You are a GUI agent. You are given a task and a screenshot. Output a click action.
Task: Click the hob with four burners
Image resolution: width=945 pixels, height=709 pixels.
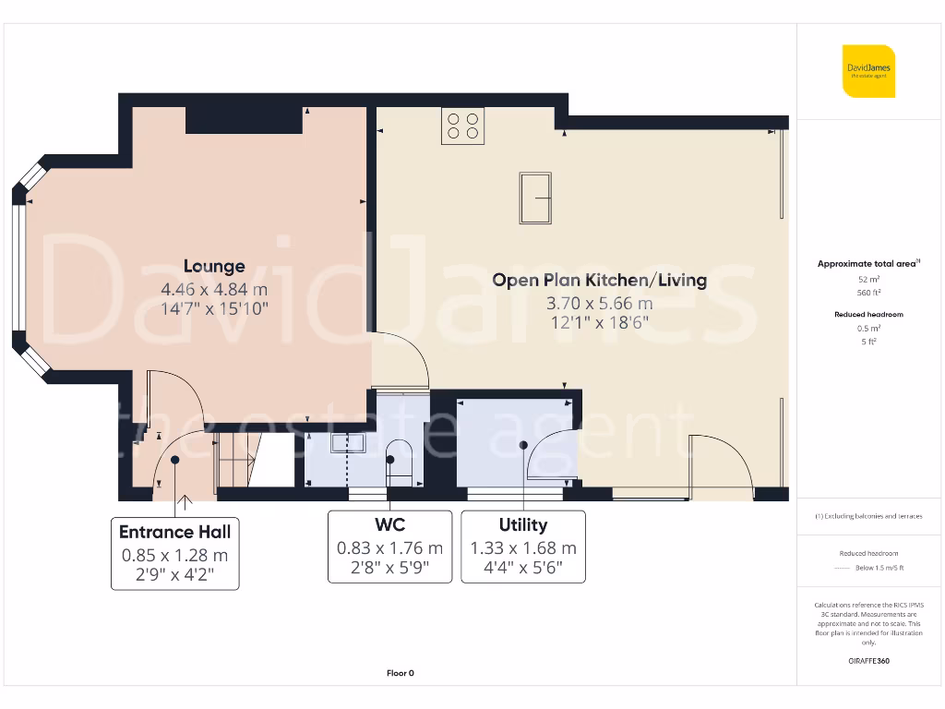tap(463, 126)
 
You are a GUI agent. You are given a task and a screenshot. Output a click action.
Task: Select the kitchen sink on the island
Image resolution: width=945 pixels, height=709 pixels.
tap(535, 198)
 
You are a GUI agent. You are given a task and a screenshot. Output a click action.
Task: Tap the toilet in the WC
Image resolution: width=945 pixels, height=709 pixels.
tap(399, 458)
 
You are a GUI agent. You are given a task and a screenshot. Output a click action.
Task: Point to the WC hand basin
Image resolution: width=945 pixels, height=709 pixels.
tap(349, 441)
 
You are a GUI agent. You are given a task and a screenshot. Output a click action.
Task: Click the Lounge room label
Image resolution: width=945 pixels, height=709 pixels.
tap(214, 267)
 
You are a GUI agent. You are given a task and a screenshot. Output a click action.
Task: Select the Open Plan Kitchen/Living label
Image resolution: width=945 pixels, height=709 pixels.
tap(599, 280)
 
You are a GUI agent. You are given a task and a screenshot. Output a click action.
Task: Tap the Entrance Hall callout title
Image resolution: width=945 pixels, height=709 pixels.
tap(174, 532)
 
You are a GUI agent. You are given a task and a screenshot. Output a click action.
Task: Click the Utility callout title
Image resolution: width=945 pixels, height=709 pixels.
tap(523, 525)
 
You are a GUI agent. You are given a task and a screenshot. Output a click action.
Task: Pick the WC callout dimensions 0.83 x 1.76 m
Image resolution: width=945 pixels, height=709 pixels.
tap(389, 548)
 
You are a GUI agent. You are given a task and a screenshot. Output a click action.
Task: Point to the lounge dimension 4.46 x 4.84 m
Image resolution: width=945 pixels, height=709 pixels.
tap(214, 288)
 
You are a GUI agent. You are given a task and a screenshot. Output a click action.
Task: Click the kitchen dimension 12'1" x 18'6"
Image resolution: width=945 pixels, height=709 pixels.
tap(599, 322)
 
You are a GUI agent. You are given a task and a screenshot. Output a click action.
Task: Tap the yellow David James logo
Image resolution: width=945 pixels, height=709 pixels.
tap(868, 71)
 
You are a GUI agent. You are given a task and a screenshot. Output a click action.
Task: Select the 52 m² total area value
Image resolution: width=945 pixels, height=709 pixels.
tap(868, 278)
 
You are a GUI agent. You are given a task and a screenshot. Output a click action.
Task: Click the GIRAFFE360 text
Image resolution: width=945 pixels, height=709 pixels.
tap(868, 661)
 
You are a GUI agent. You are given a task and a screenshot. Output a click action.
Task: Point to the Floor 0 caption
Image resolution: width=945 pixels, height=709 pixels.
tap(400, 673)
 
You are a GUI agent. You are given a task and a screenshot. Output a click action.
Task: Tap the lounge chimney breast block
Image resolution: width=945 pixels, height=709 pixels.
tap(245, 119)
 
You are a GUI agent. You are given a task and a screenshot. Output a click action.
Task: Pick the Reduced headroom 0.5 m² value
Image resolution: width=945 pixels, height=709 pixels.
tap(868, 329)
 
